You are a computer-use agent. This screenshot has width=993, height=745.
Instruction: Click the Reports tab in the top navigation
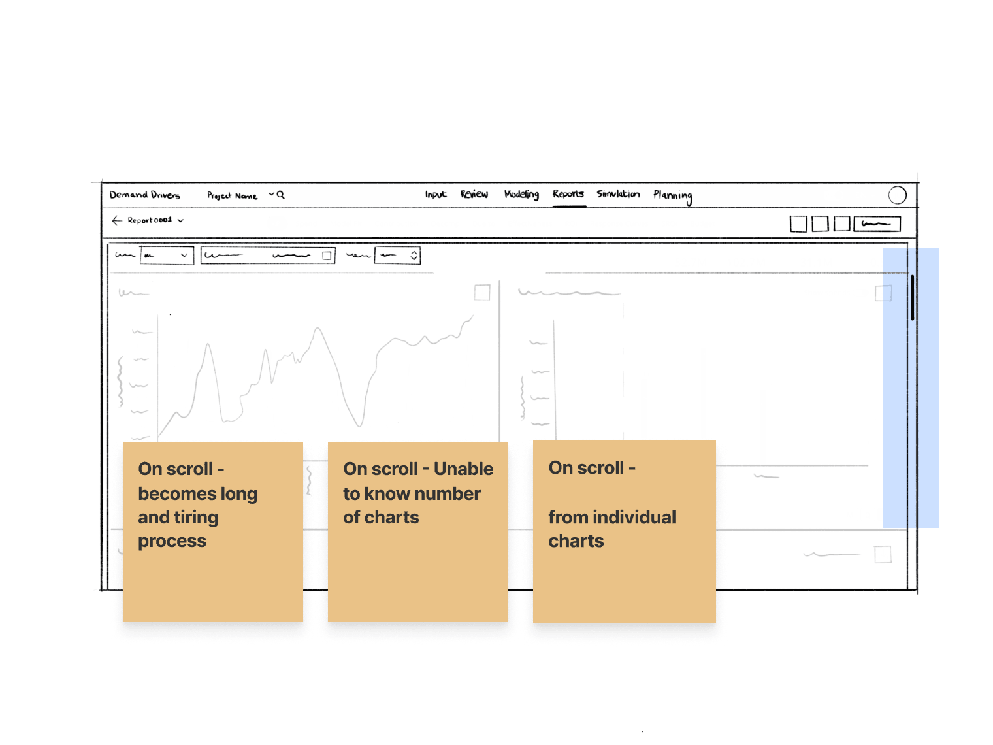pos(568,194)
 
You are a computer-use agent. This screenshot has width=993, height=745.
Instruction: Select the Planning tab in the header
pos(672,195)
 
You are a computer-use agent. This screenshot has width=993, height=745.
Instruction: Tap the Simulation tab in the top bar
pos(618,194)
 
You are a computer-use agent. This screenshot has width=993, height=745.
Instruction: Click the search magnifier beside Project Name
pos(281,195)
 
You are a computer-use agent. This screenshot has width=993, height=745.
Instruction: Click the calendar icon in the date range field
pos(327,256)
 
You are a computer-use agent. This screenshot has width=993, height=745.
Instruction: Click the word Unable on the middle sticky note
pos(463,469)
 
